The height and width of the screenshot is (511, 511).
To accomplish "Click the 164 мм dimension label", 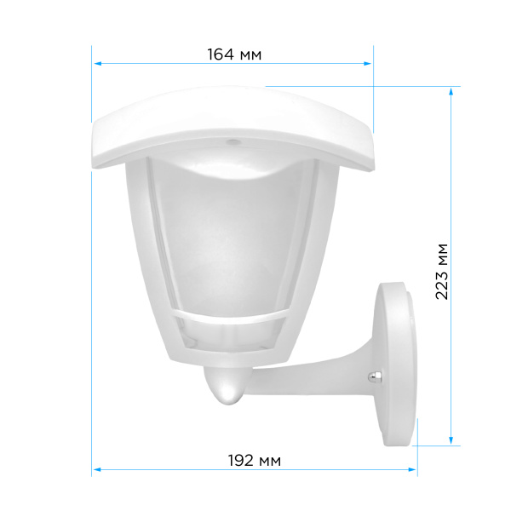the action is click(x=234, y=55).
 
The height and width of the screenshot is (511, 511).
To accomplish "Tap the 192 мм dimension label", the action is click(x=254, y=461).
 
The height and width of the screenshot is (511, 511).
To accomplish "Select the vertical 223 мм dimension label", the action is click(x=442, y=272).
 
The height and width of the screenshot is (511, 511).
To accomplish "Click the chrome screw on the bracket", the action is click(x=374, y=377).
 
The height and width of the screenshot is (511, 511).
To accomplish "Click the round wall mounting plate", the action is click(x=395, y=364).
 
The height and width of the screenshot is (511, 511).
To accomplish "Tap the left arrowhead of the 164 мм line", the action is click(x=98, y=64).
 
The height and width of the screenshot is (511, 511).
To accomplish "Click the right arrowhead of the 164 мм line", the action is click(x=367, y=64).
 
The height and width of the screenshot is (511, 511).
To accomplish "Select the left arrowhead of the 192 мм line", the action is click(x=98, y=469).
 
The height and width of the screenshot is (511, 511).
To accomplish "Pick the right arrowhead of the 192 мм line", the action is click(x=412, y=469).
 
